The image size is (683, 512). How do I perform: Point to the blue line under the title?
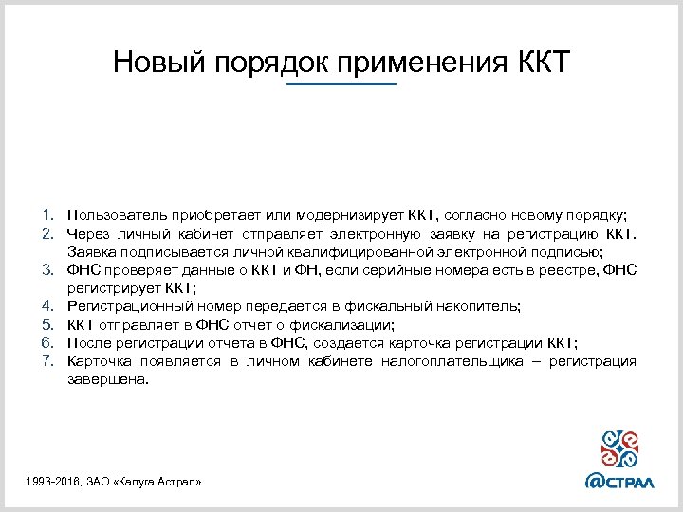[x=341, y=85]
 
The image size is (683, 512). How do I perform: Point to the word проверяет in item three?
[x=148, y=269]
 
